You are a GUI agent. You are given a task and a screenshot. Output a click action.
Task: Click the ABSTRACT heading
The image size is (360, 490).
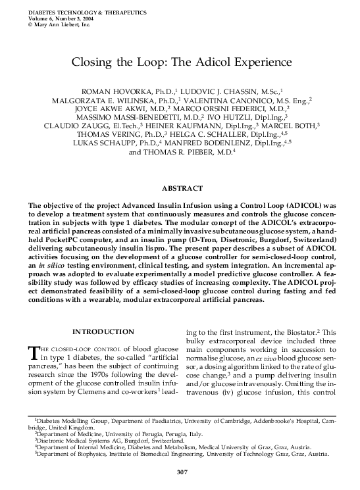point(180,188)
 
